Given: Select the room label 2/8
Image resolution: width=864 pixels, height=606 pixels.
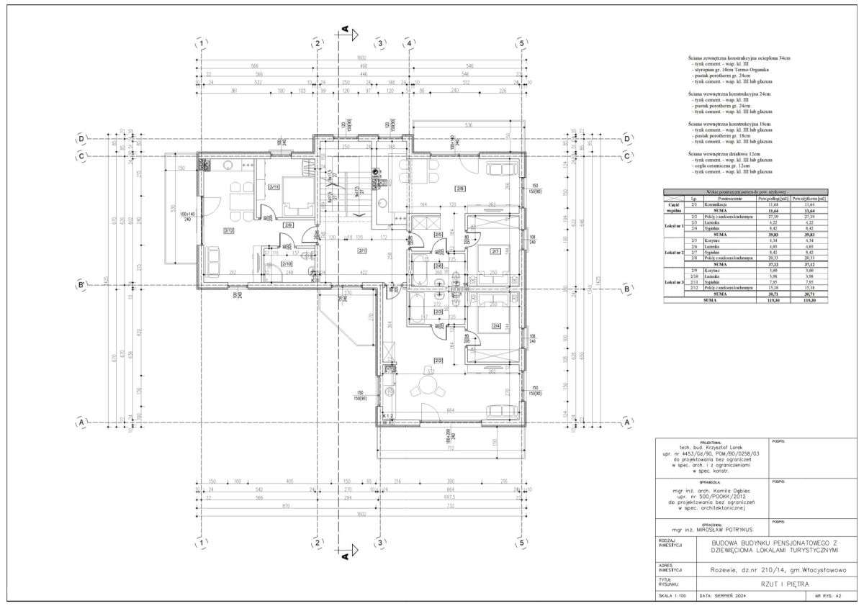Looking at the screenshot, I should [x=459, y=189].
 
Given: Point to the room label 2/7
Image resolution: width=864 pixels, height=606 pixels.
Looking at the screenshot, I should [x=495, y=251].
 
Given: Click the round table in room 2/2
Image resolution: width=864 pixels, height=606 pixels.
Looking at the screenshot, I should [x=422, y=390].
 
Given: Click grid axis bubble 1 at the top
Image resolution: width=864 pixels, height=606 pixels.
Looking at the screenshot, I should [x=203, y=44].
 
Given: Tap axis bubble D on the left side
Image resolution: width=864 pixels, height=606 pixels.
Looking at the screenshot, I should [x=82, y=138].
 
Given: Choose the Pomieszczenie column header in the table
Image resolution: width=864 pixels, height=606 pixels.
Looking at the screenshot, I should [x=724, y=199].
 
